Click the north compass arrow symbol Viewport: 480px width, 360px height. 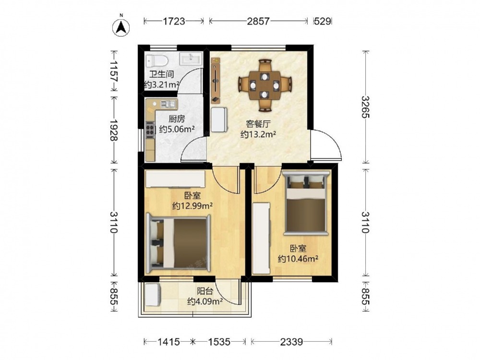coord(121,27)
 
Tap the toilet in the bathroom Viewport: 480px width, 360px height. coord(157,61)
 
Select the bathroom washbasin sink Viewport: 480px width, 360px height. coord(191,58)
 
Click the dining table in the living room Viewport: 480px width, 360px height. coord(264,85)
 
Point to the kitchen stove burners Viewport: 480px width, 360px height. coord(150,130)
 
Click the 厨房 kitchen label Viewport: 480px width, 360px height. coord(177,119)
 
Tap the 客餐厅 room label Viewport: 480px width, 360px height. coord(258,124)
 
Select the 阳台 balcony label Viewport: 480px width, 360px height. coord(204,291)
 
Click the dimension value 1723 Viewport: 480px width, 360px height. coord(174,21)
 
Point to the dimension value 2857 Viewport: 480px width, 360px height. coord(258,21)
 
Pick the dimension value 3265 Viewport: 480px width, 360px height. coord(365,107)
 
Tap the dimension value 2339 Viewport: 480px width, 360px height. coord(291,341)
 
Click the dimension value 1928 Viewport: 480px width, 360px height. coord(114,130)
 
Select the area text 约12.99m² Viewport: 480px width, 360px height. coord(192,206)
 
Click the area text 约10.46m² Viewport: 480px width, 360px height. coord(298,259)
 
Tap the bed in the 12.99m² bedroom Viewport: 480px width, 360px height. coord(178,243)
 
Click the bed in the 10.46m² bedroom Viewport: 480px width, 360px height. coord(306,203)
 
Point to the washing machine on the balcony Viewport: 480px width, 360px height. coord(153,295)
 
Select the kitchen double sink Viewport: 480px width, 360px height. coord(168,104)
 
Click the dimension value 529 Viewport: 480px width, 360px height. coord(323,21)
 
